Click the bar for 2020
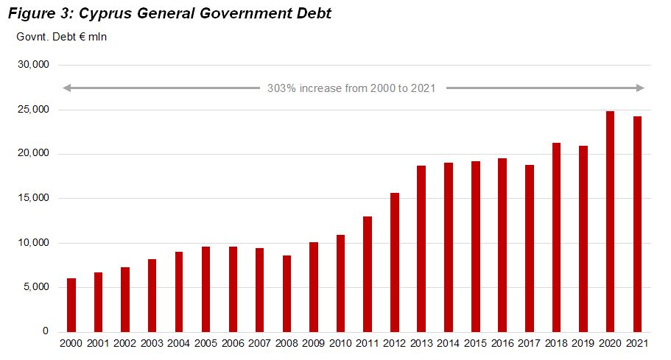tap(610, 221)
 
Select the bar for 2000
tap(71, 305)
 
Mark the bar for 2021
tap(637, 224)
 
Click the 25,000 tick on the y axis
tap(33, 110)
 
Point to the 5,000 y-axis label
tap(35, 287)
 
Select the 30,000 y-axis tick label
tap(33, 65)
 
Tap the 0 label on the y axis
tap(45, 332)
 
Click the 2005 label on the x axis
tap(205, 345)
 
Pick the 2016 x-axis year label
tap(502, 345)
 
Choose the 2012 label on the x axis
tap(394, 345)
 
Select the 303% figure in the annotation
tap(281, 88)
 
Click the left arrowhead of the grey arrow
tap(66, 88)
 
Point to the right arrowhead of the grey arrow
tap(641, 88)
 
